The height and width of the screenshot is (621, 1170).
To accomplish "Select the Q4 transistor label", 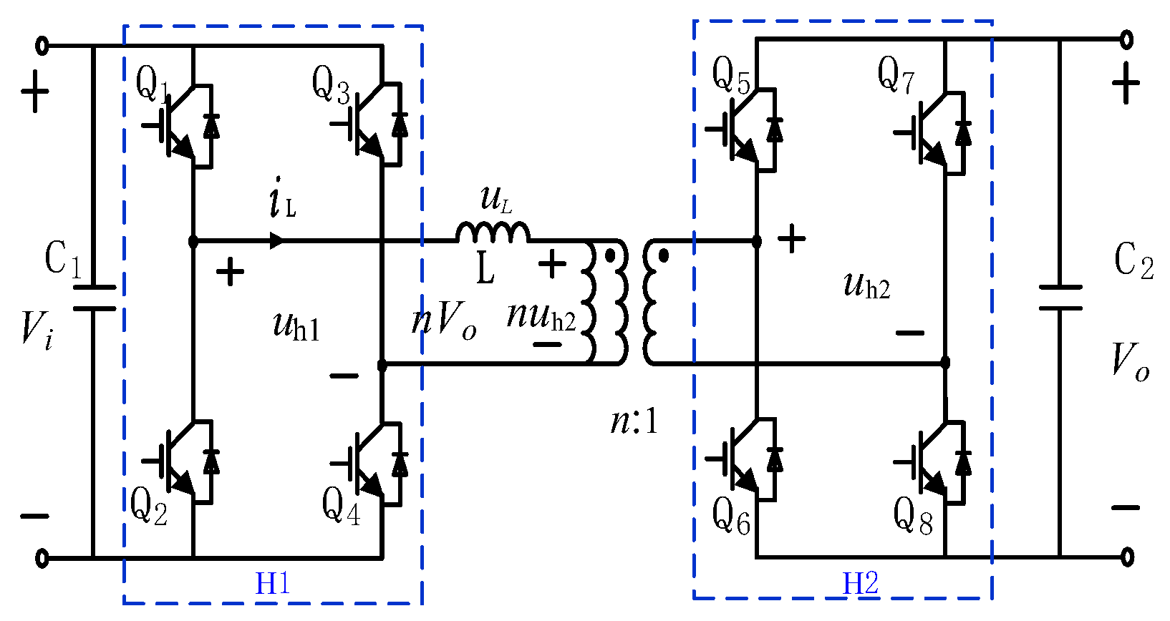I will coord(341,506).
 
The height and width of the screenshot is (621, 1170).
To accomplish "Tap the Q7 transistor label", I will coord(896,74).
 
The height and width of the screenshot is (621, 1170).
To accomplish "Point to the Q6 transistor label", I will coord(730,516).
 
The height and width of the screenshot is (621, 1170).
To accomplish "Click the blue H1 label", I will coord(273,585).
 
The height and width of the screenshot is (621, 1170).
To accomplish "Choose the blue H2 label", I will coord(860,584).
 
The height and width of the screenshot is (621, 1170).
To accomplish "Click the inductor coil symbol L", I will coord(493,233).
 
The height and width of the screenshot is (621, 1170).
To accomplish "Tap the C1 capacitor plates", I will coord(94,298).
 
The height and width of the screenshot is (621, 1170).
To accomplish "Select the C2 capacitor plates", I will coord(1060,298).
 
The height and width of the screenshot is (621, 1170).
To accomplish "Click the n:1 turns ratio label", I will coord(634,421).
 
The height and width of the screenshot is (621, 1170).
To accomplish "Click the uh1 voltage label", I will coord(296,326).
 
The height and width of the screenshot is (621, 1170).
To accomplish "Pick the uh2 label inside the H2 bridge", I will coord(866,285).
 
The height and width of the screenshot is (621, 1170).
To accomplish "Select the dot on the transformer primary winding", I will coord(609,255).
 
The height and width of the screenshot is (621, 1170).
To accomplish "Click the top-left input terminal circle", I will coord(42,47).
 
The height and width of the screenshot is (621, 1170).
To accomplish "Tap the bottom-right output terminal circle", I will coord(1127,557).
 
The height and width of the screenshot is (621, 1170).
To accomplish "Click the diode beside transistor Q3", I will coord(399,126).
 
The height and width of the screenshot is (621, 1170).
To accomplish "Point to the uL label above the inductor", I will coord(496,199).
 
